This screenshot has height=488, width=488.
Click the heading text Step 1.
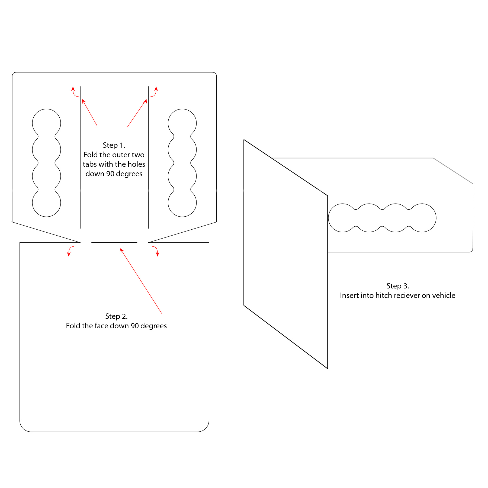click(114, 145)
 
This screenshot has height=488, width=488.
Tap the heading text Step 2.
click(116, 316)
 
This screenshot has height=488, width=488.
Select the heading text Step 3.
click(398, 286)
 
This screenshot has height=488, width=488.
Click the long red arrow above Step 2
click(141, 281)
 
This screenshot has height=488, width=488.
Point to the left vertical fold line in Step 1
click(80, 157)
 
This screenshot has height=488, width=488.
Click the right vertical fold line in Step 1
click(148, 157)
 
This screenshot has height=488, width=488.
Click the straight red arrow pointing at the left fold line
click(89, 113)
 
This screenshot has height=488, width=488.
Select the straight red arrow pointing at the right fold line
click(137, 113)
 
